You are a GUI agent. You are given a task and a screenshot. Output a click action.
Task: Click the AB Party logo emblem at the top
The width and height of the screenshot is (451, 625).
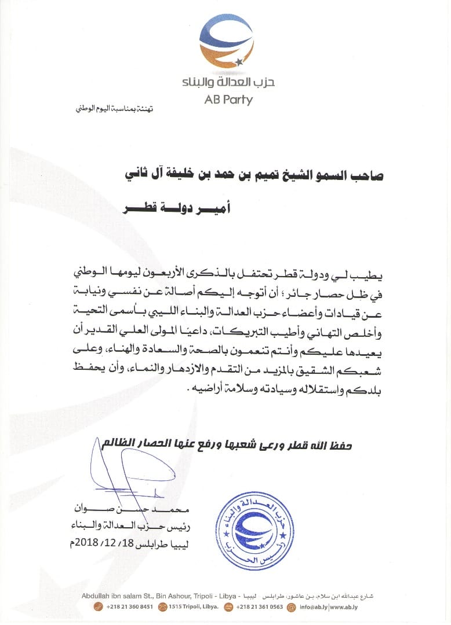pyautogui.click(x=228, y=42)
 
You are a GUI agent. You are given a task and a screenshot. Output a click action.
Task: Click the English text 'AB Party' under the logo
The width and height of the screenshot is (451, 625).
pyautogui.click(x=228, y=100)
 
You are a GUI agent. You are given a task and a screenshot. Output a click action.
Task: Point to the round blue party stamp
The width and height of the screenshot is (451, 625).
pyautogui.click(x=253, y=528)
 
